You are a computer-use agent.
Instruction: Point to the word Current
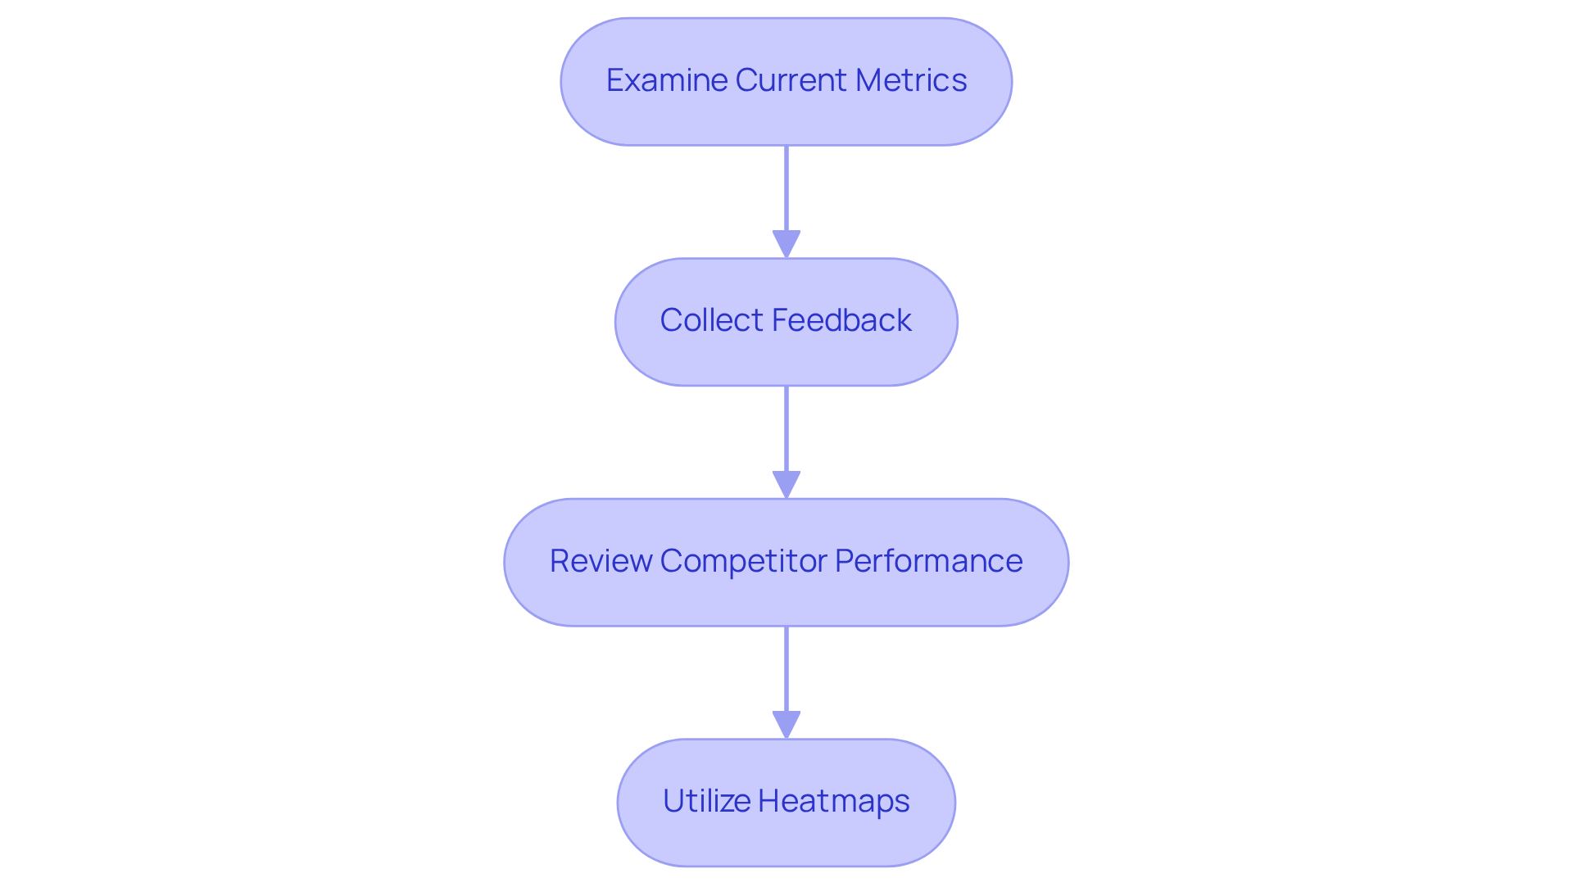[x=791, y=80]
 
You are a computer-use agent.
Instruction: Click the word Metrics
[x=911, y=80]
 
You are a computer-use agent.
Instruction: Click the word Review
[x=600, y=561]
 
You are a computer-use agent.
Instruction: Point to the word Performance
[x=928, y=561]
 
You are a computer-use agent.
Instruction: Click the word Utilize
[x=705, y=801]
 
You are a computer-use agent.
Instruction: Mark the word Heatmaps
[x=834, y=801]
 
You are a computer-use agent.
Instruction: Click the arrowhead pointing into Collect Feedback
[x=786, y=244]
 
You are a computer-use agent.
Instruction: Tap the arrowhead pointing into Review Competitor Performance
[x=786, y=484]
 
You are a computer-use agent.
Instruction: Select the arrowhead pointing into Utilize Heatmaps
[x=786, y=725]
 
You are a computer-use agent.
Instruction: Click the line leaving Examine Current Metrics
[x=786, y=188]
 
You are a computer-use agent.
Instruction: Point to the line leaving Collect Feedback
[x=786, y=428]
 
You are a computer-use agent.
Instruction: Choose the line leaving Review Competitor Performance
[x=786, y=668]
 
